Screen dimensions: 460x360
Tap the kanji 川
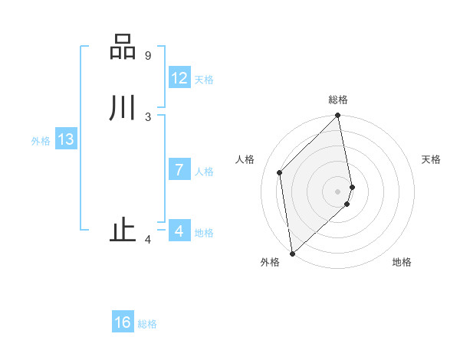tap(123, 107)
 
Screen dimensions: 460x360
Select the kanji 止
tap(123, 231)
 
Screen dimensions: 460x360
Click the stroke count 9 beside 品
tap(148, 56)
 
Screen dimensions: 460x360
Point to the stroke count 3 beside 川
tap(148, 116)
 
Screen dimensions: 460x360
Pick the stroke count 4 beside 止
tap(148, 241)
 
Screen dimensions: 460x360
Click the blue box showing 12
tap(179, 78)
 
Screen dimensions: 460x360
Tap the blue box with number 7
tap(179, 170)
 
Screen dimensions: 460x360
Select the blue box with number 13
tap(66, 139)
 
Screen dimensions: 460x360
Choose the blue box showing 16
tap(123, 322)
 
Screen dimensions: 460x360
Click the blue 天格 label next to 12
tap(204, 80)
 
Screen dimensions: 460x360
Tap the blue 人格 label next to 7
tap(204, 172)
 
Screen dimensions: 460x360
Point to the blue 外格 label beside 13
tap(41, 141)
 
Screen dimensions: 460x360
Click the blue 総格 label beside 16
tap(147, 324)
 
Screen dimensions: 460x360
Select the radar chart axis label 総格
tap(338, 100)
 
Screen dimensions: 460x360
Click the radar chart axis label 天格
tap(432, 159)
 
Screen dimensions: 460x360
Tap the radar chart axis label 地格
tap(402, 262)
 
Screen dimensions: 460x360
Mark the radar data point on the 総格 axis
tap(338, 116)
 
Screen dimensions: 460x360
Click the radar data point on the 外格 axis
tap(292, 253)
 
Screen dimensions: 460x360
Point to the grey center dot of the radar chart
tap(338, 191)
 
